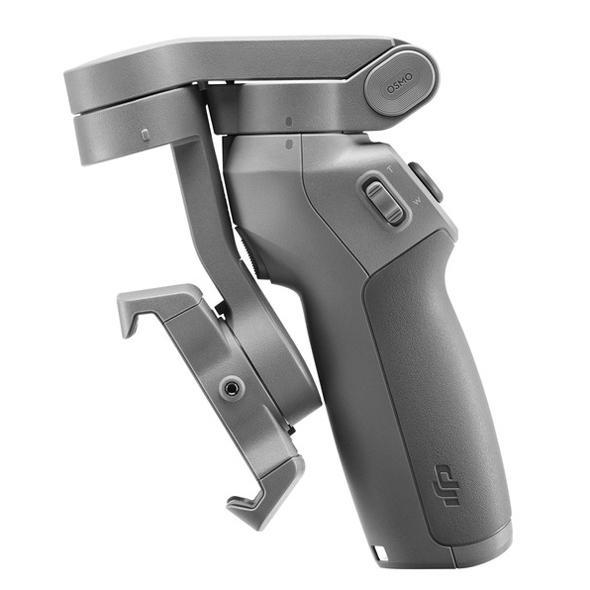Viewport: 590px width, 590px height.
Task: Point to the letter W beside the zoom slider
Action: coord(418,201)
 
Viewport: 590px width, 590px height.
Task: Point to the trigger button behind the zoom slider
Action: coord(427,182)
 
